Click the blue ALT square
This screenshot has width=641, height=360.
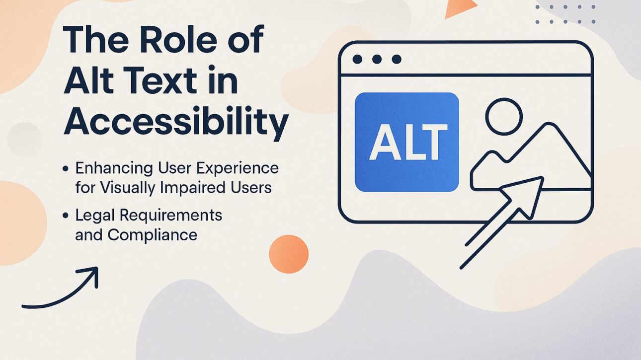coord(406,142)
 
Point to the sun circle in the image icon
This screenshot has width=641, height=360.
coord(503,117)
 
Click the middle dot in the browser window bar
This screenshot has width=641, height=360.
coord(377,60)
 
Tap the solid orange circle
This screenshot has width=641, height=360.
coord(289,254)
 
